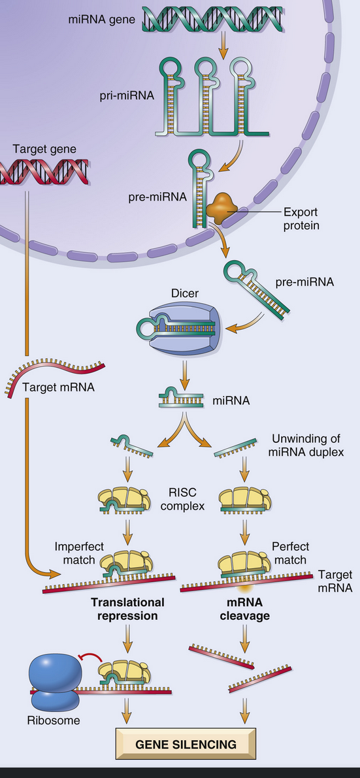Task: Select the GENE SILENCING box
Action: pos(186,744)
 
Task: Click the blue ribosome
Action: pos(56,685)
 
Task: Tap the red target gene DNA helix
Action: pos(44,172)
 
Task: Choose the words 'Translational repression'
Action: pos(127,610)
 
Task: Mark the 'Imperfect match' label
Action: pos(79,553)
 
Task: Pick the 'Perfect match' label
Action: pos(291,553)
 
